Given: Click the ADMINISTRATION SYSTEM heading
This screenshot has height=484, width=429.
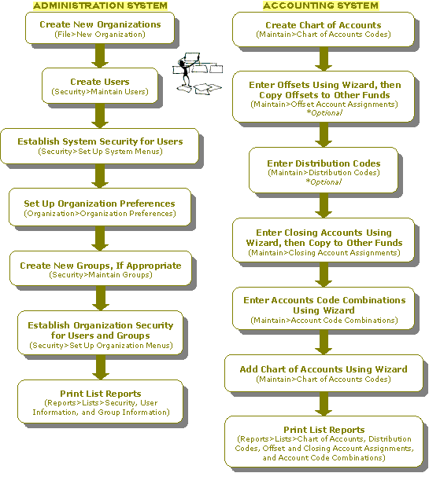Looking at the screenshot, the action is coord(100,5).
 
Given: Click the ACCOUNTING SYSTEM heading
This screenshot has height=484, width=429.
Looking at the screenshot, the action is coord(320,5).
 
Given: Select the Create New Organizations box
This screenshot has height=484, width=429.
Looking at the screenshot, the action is coord(100,28).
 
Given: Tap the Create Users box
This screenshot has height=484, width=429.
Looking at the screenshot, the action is coord(100,86).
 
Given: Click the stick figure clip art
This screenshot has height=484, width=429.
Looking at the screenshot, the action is coord(198,73).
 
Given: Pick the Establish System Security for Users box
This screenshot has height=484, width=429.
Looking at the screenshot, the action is coord(100,146).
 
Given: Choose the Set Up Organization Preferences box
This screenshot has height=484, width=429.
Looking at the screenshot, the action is coord(100,207).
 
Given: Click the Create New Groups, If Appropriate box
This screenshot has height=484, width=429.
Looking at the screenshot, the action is coord(101,269).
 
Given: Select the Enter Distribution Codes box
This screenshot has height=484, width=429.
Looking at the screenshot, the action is coord(324,170).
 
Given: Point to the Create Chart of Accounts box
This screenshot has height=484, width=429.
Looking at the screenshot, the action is coord(324,30).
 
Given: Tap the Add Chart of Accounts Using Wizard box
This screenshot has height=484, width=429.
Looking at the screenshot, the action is coord(324,373).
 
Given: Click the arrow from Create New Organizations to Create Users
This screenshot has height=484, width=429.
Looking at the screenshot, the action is coord(100,56).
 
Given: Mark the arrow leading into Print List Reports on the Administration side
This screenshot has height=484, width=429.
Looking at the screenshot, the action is coord(101,368).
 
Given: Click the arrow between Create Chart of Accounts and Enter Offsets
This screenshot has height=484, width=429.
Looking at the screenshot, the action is coord(324,59).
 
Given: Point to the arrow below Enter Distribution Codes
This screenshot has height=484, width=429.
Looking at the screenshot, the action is coord(324,206).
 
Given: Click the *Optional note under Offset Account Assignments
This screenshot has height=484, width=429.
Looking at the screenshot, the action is coord(324,113).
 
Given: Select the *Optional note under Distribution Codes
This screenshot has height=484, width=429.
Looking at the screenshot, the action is coord(324,181).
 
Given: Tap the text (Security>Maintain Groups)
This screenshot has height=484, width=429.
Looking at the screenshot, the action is coord(101,275).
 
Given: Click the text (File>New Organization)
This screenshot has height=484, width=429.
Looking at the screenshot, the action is coord(100,35).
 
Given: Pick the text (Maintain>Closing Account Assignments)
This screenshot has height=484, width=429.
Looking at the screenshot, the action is coord(324,253).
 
